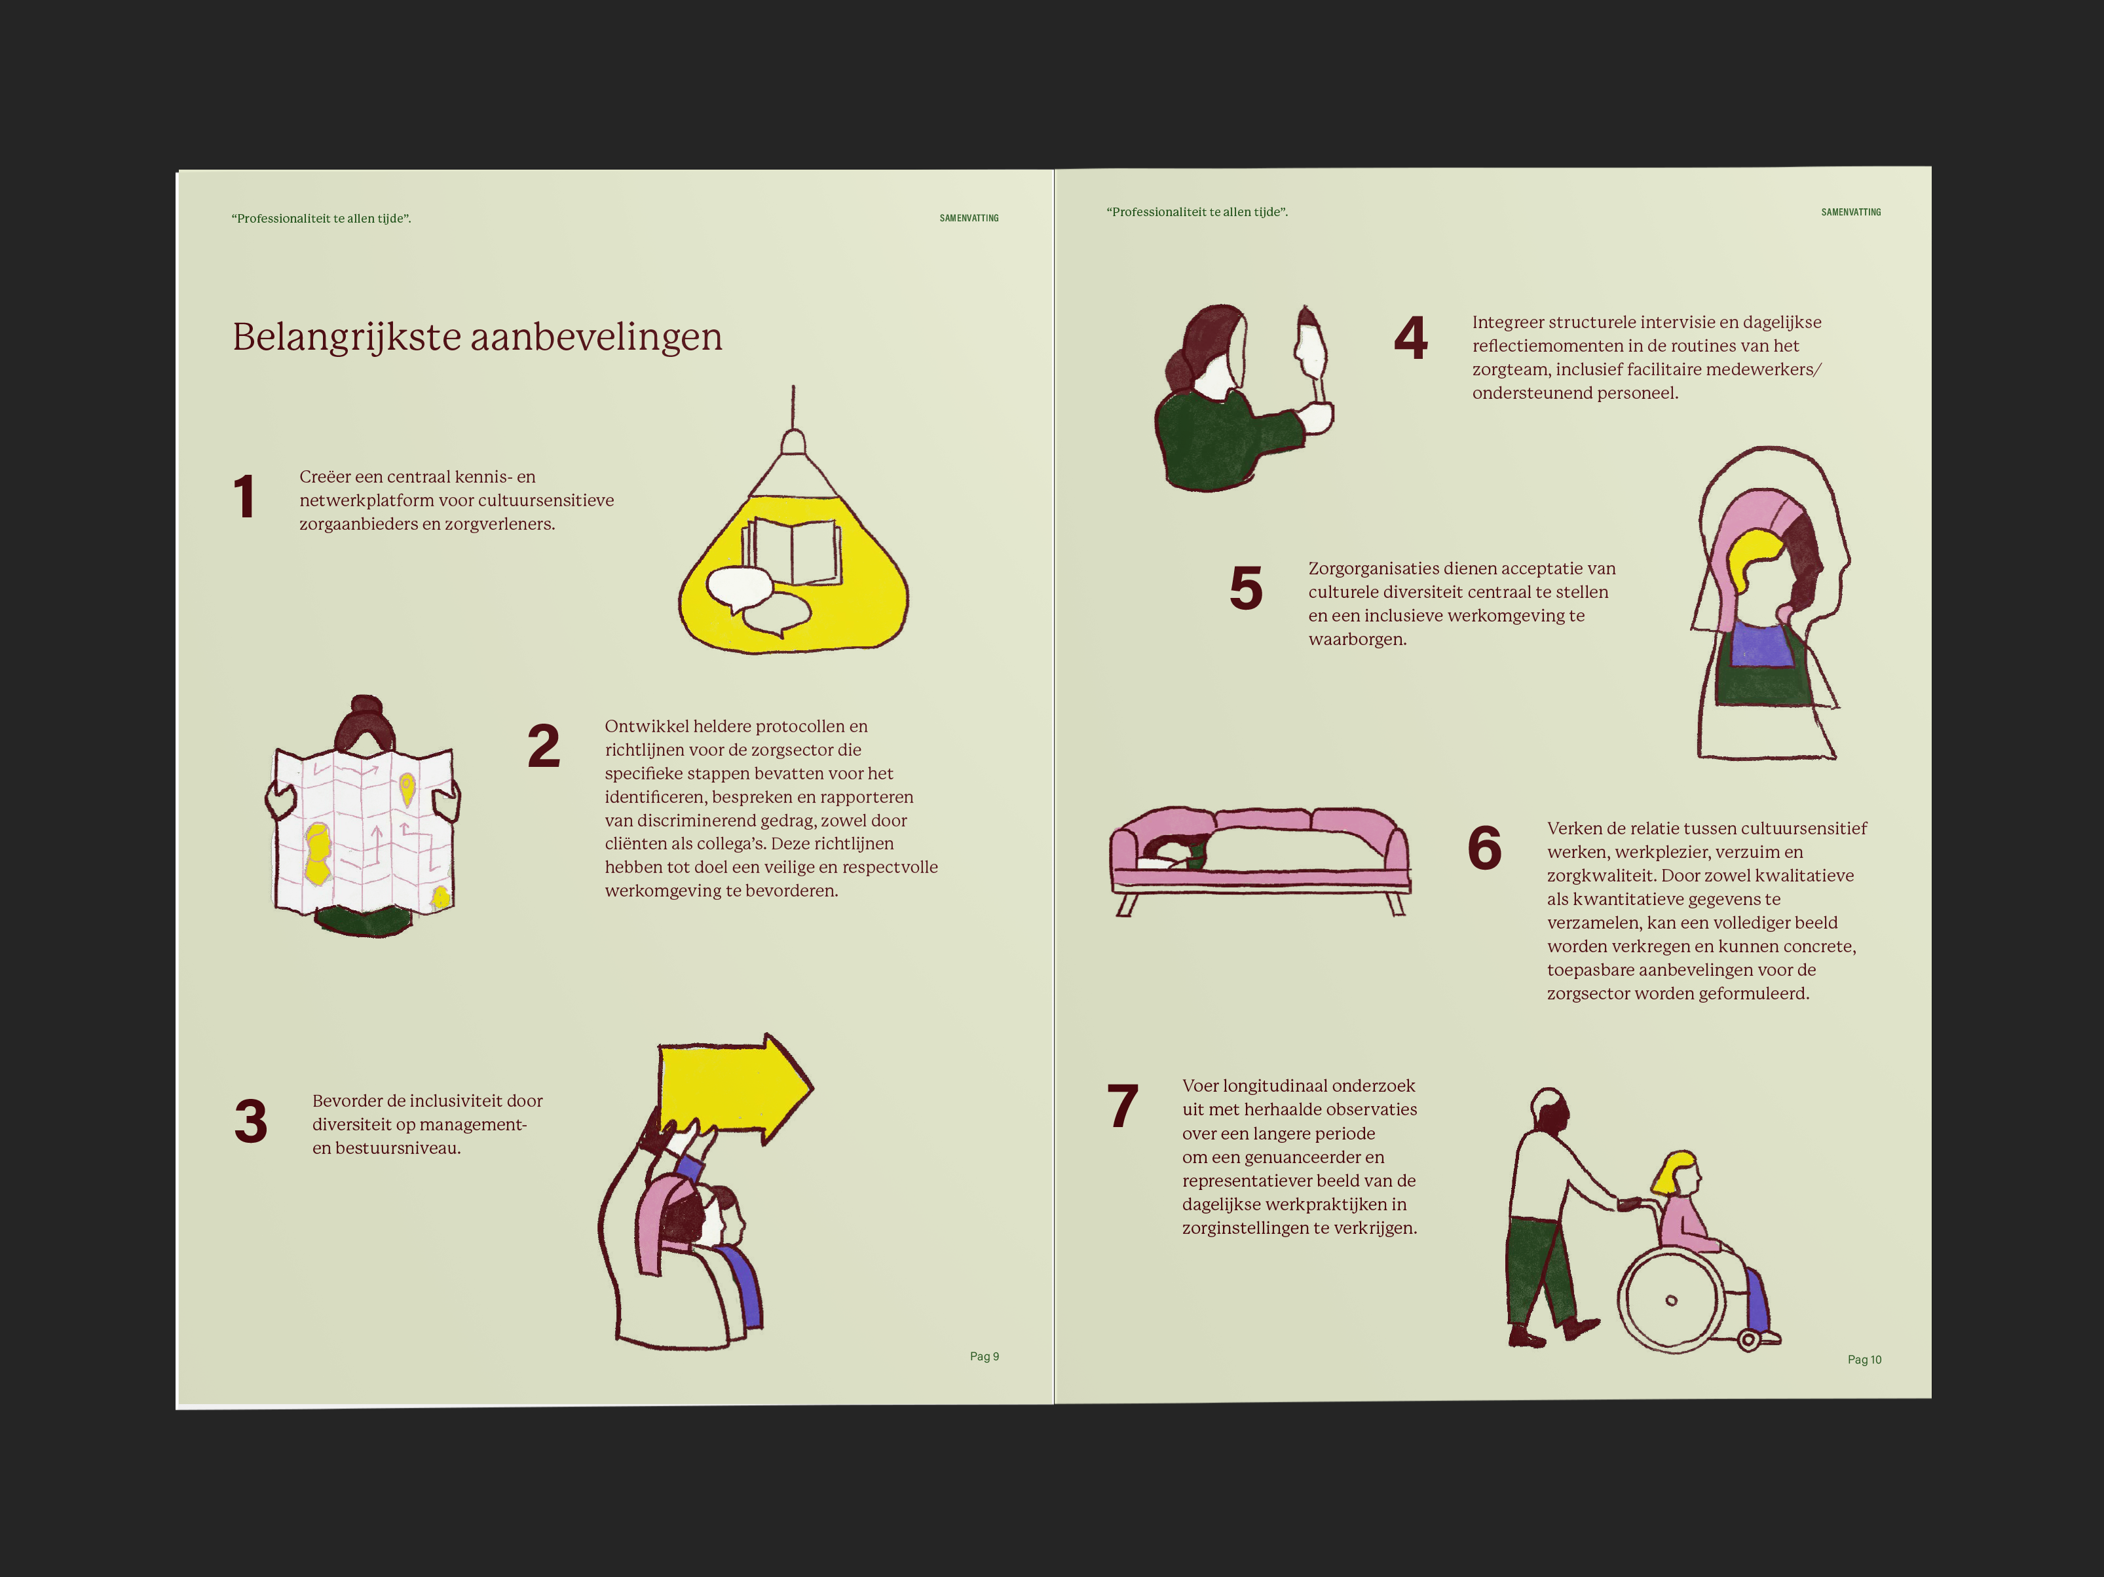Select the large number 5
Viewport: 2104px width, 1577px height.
pos(1246,588)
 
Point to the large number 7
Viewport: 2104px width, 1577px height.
pos(1122,1105)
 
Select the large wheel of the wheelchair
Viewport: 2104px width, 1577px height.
pos(1671,1299)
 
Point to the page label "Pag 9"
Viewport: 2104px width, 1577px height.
pos(985,1356)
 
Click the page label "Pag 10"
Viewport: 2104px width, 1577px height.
pos(1864,1360)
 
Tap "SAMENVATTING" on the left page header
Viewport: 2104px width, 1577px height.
pos(969,219)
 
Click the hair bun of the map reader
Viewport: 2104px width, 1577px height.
pos(366,709)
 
